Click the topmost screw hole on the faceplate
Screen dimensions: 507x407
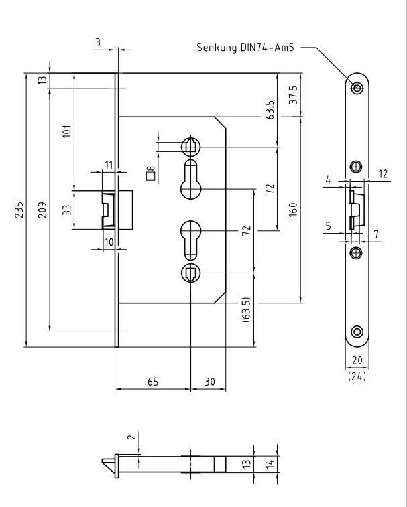357,87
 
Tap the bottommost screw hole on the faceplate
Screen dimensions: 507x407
357,332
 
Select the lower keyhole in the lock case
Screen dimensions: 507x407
190,239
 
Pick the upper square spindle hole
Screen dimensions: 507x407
190,146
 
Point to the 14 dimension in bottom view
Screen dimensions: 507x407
268,462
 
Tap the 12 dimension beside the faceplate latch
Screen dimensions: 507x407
383,174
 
